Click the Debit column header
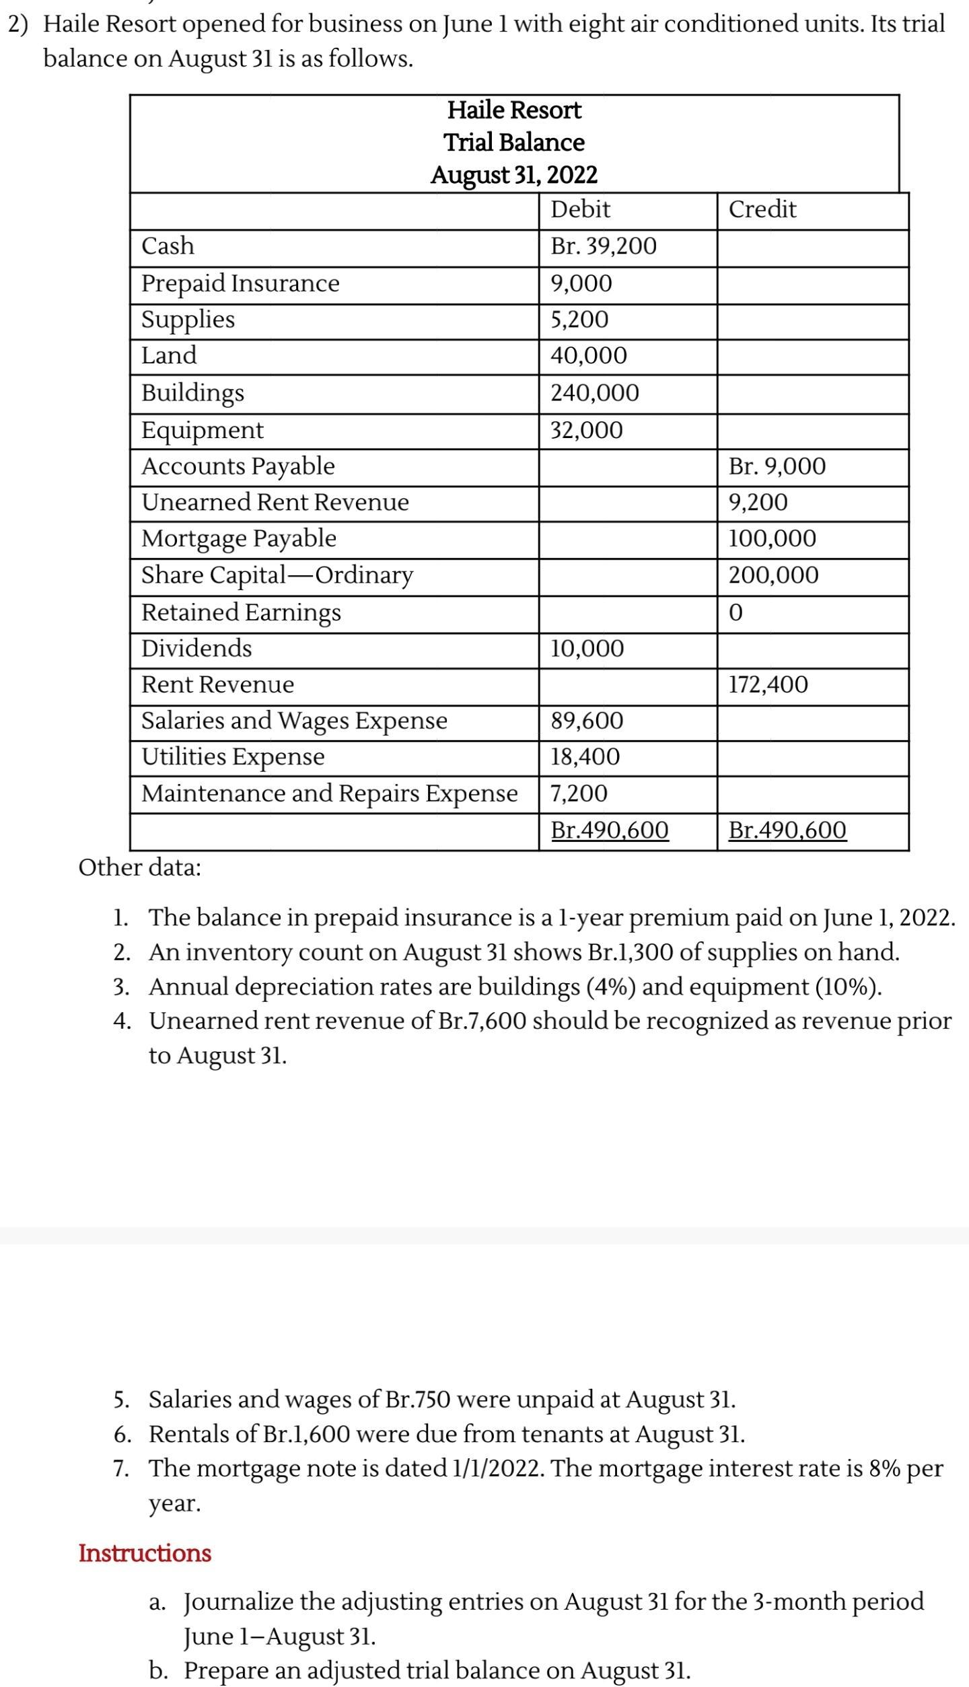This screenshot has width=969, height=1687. click(580, 209)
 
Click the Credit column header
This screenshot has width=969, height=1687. click(762, 209)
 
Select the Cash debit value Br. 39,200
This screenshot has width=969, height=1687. click(603, 246)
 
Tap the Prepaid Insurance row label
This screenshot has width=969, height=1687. click(240, 283)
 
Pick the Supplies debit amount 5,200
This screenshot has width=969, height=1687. click(579, 319)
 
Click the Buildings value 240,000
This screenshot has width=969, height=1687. click(595, 392)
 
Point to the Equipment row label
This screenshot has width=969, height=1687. click(203, 430)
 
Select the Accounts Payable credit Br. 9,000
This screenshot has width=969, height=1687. click(777, 466)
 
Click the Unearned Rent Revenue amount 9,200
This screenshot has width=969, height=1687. click(758, 502)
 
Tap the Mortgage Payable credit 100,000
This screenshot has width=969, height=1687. click(772, 538)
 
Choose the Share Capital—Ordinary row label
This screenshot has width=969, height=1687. click(277, 575)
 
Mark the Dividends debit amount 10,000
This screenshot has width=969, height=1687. click(587, 649)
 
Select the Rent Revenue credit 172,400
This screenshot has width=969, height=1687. click(768, 685)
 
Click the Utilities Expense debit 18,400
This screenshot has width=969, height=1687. click(585, 757)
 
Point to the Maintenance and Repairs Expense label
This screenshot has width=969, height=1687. click(329, 793)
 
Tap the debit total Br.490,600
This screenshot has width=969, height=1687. click(609, 830)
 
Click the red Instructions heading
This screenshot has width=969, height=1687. click(145, 1553)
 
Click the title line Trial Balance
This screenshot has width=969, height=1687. click(514, 143)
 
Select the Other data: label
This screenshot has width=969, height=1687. click(139, 868)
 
